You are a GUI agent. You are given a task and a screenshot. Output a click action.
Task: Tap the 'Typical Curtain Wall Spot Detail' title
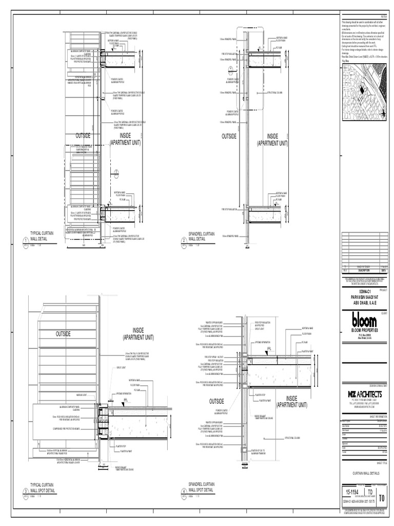point(45,486)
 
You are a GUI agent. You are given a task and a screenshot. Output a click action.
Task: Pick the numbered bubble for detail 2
point(183,241)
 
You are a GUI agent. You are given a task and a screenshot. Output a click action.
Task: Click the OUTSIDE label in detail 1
point(83,136)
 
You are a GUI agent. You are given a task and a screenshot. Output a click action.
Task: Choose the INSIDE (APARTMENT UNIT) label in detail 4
point(291,401)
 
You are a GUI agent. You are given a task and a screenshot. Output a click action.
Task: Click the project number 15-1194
point(351,493)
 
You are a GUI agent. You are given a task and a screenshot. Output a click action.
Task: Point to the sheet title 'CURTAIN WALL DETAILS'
point(366,473)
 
